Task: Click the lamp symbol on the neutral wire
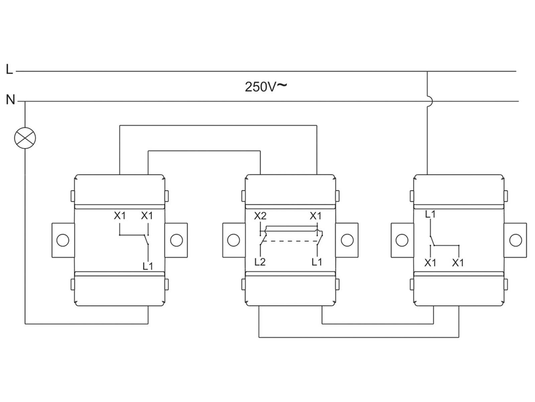click(x=25, y=138)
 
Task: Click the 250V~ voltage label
click(x=266, y=87)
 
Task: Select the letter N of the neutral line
click(x=10, y=99)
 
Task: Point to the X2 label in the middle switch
click(x=260, y=215)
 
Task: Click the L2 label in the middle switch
click(x=260, y=262)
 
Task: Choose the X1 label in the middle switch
click(x=316, y=215)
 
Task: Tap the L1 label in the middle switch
click(x=317, y=262)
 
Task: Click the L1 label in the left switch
click(x=148, y=266)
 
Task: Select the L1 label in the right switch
click(x=430, y=214)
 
